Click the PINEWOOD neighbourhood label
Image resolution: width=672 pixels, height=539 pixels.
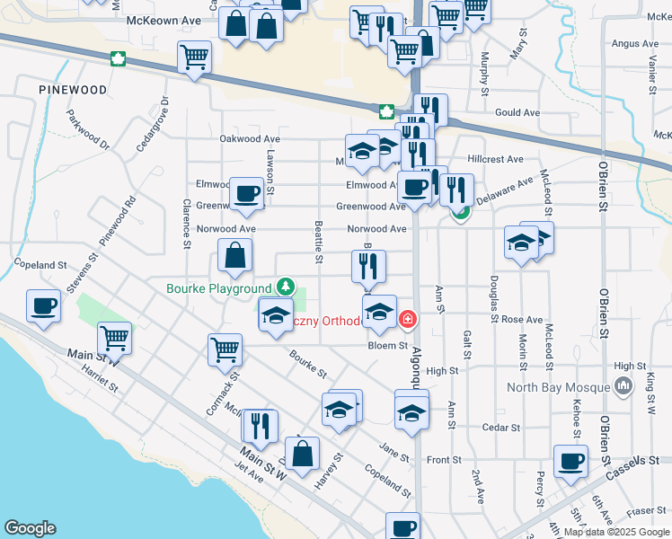(74, 91)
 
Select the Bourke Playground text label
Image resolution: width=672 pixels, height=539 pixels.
(218, 288)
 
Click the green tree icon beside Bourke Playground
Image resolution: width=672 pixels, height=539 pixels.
(285, 287)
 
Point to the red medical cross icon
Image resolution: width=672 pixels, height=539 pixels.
(408, 319)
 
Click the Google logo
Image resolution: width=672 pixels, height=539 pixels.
(30, 528)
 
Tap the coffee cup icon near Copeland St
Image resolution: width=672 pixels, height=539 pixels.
(43, 305)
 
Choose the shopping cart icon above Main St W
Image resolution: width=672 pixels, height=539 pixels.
(116, 338)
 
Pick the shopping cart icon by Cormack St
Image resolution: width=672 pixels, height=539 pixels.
(225, 348)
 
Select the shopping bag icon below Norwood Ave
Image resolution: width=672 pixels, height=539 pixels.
(234, 255)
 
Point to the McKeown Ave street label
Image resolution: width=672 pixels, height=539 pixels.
(163, 19)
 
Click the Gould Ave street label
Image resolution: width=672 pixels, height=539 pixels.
(517, 113)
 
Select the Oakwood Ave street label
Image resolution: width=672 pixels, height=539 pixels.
(251, 139)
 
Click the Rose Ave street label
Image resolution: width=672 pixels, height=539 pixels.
(522, 320)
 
